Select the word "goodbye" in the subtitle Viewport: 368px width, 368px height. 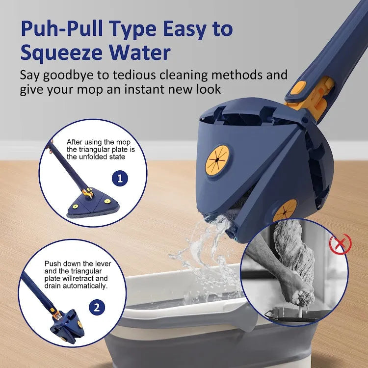(x=75, y=75)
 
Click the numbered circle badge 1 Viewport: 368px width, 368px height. (x=120, y=178)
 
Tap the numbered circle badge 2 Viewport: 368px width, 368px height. (x=97, y=308)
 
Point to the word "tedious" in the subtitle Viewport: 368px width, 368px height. (x=147, y=75)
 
